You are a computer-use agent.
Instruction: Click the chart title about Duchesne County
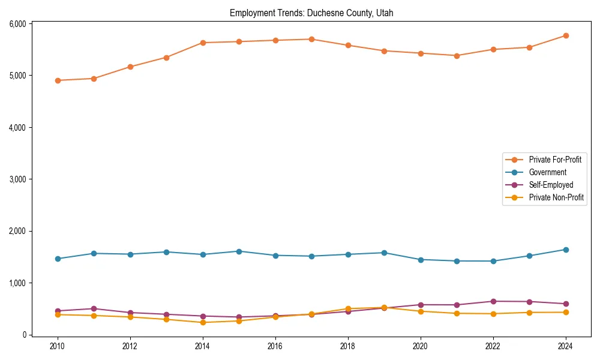click(x=311, y=13)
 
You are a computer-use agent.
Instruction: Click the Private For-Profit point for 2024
click(x=566, y=35)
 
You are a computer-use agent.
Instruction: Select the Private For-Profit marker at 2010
click(x=58, y=80)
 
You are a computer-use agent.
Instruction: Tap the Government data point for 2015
click(x=239, y=251)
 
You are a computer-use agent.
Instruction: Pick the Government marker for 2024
click(x=566, y=250)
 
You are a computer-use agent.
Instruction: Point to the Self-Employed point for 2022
click(x=493, y=301)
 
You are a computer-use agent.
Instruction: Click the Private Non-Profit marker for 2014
click(x=203, y=322)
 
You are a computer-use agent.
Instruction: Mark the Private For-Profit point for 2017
click(x=311, y=39)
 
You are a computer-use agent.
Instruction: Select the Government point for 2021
click(x=457, y=261)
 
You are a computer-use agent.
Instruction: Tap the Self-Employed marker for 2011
click(x=94, y=308)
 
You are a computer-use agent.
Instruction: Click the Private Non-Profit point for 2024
click(x=566, y=312)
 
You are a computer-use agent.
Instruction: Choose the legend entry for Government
click(x=547, y=172)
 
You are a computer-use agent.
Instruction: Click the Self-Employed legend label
click(x=551, y=185)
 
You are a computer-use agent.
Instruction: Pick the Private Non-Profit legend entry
click(x=556, y=197)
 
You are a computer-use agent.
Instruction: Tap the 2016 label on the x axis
click(x=275, y=346)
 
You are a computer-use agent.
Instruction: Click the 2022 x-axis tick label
click(x=493, y=346)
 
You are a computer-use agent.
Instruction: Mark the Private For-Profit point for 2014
click(x=203, y=43)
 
